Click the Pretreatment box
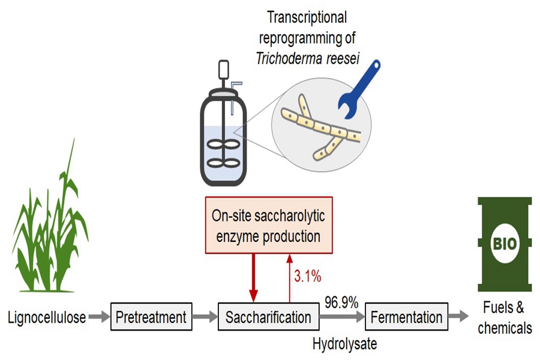pos(151,317)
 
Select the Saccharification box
pos(269,317)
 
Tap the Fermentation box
pos(406,317)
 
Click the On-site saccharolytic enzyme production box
pos(269,226)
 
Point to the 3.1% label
pos(308,276)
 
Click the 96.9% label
pos(341,302)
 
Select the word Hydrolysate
pos(345,343)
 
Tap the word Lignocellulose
pos(47,317)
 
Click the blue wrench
pos(358,90)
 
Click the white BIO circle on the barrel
pos(505,244)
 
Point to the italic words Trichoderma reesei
pos(308,59)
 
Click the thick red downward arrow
pos(253,278)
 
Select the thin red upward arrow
pos(290,278)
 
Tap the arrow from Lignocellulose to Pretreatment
pos(99,317)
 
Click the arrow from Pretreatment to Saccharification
pos(205,317)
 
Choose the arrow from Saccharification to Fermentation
pos(342,317)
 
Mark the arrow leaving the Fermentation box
pos(458,316)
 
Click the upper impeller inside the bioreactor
pos(224,145)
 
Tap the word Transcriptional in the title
pos(307,17)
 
